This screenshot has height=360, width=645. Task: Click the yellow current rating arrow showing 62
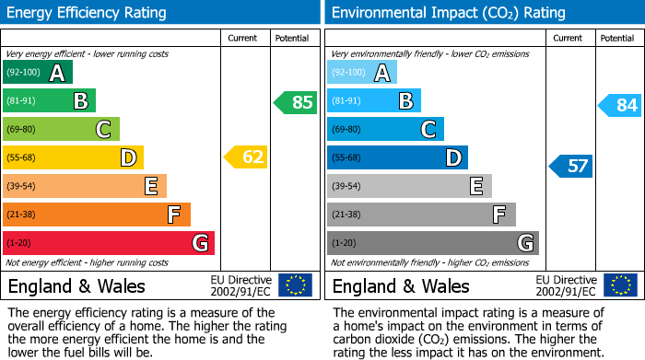pos(246,157)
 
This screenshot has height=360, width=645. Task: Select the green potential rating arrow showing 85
pos(296,102)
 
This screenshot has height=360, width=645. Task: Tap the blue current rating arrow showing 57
pos(571,167)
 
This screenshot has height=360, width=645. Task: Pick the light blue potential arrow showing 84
pos(620,106)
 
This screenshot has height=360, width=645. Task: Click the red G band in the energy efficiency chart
pos(109,243)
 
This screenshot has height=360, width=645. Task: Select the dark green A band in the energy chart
pos(38,73)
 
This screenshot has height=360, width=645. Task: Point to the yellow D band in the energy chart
pos(73,157)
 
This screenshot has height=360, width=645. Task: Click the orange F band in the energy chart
pos(97,215)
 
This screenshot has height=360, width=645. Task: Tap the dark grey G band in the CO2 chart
pos(433,243)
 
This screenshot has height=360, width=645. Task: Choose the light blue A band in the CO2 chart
pos(362,73)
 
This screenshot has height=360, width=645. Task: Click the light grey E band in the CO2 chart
pos(409,186)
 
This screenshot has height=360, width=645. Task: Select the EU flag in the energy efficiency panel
pos(295,285)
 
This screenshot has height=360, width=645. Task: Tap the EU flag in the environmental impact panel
pos(620,285)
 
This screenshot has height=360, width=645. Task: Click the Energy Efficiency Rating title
pos(88,13)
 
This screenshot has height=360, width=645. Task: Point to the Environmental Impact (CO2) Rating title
pos(448,13)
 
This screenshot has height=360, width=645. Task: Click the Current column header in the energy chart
pos(242,38)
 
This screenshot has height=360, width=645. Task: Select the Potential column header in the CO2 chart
pos(617,38)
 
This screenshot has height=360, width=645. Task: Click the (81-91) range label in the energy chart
pos(22,101)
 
